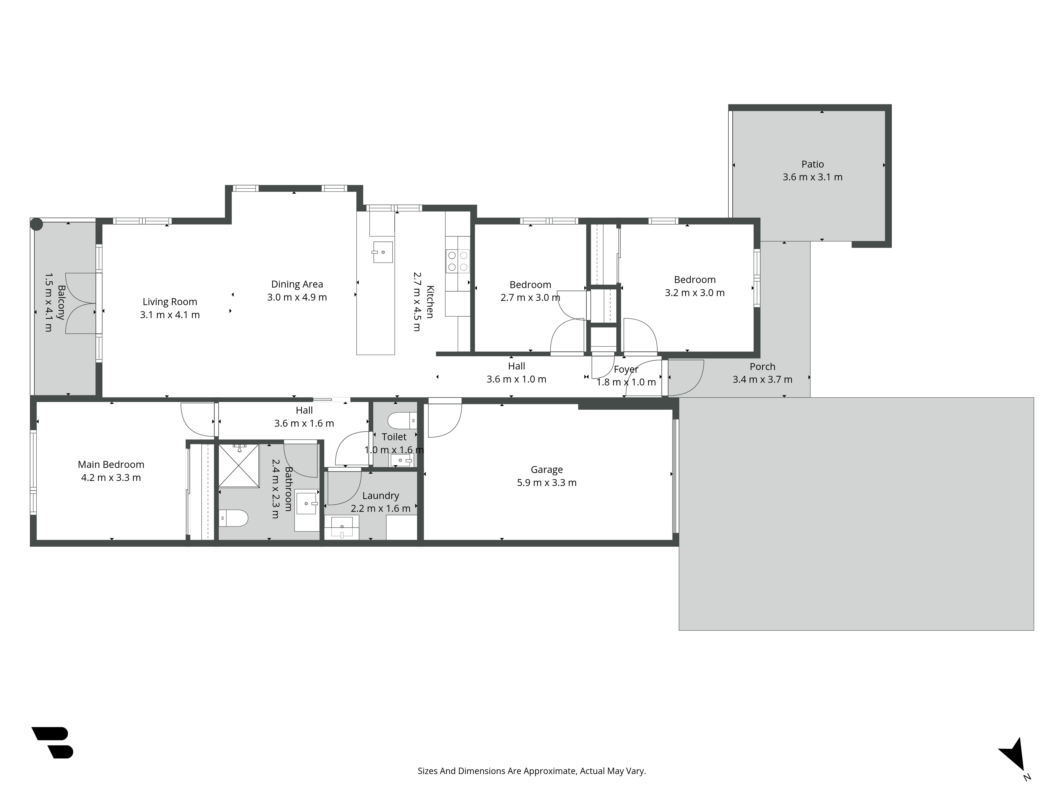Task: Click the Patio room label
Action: [x=812, y=164]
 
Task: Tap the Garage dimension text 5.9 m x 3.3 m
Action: [x=546, y=483]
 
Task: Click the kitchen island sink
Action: [x=383, y=252]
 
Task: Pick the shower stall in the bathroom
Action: [x=239, y=465]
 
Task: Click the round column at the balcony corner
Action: [x=36, y=224]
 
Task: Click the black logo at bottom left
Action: [x=52, y=742]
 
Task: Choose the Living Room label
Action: [x=170, y=302]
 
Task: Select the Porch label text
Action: [x=762, y=367]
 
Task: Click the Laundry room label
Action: [x=380, y=496]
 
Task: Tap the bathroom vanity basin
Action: [x=306, y=503]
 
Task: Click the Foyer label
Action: [x=626, y=369]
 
